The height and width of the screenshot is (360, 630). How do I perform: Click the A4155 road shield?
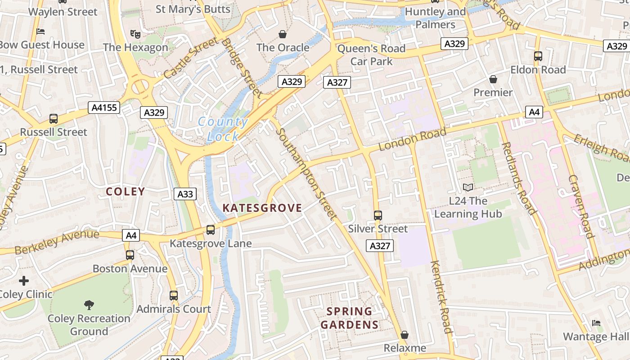(104, 107)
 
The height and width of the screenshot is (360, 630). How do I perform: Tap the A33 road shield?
(185, 194)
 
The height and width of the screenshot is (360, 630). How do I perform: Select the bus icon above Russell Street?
(54, 119)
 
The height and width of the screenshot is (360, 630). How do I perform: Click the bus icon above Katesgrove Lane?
(210, 230)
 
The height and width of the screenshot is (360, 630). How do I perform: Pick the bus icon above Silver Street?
(378, 216)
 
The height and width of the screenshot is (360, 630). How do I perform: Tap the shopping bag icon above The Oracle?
(283, 34)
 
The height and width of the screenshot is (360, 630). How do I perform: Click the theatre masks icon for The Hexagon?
(134, 33)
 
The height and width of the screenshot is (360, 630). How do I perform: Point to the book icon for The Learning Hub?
(468, 188)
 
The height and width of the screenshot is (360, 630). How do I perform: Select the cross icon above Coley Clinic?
(24, 281)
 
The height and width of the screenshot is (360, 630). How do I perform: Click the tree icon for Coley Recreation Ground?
(89, 305)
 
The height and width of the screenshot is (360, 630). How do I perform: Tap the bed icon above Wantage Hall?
(596, 323)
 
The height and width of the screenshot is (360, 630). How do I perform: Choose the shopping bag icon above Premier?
(493, 79)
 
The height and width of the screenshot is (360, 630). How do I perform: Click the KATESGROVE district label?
(262, 207)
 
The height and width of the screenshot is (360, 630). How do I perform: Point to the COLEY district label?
(126, 191)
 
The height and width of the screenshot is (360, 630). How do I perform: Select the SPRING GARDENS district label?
(350, 318)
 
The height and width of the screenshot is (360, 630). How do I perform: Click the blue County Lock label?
(223, 129)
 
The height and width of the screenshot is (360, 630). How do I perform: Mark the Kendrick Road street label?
(441, 297)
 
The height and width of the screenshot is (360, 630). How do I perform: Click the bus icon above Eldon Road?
(538, 56)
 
